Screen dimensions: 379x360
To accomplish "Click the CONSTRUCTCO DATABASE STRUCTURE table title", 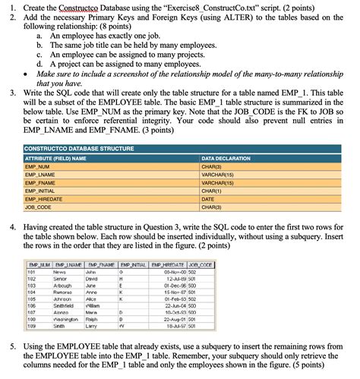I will tap(73, 148).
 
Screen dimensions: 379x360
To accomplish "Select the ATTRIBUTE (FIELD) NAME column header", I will tap(55, 158).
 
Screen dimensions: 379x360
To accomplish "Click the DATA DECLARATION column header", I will tap(226, 158).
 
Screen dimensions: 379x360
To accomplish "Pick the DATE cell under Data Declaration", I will tap(209, 198).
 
